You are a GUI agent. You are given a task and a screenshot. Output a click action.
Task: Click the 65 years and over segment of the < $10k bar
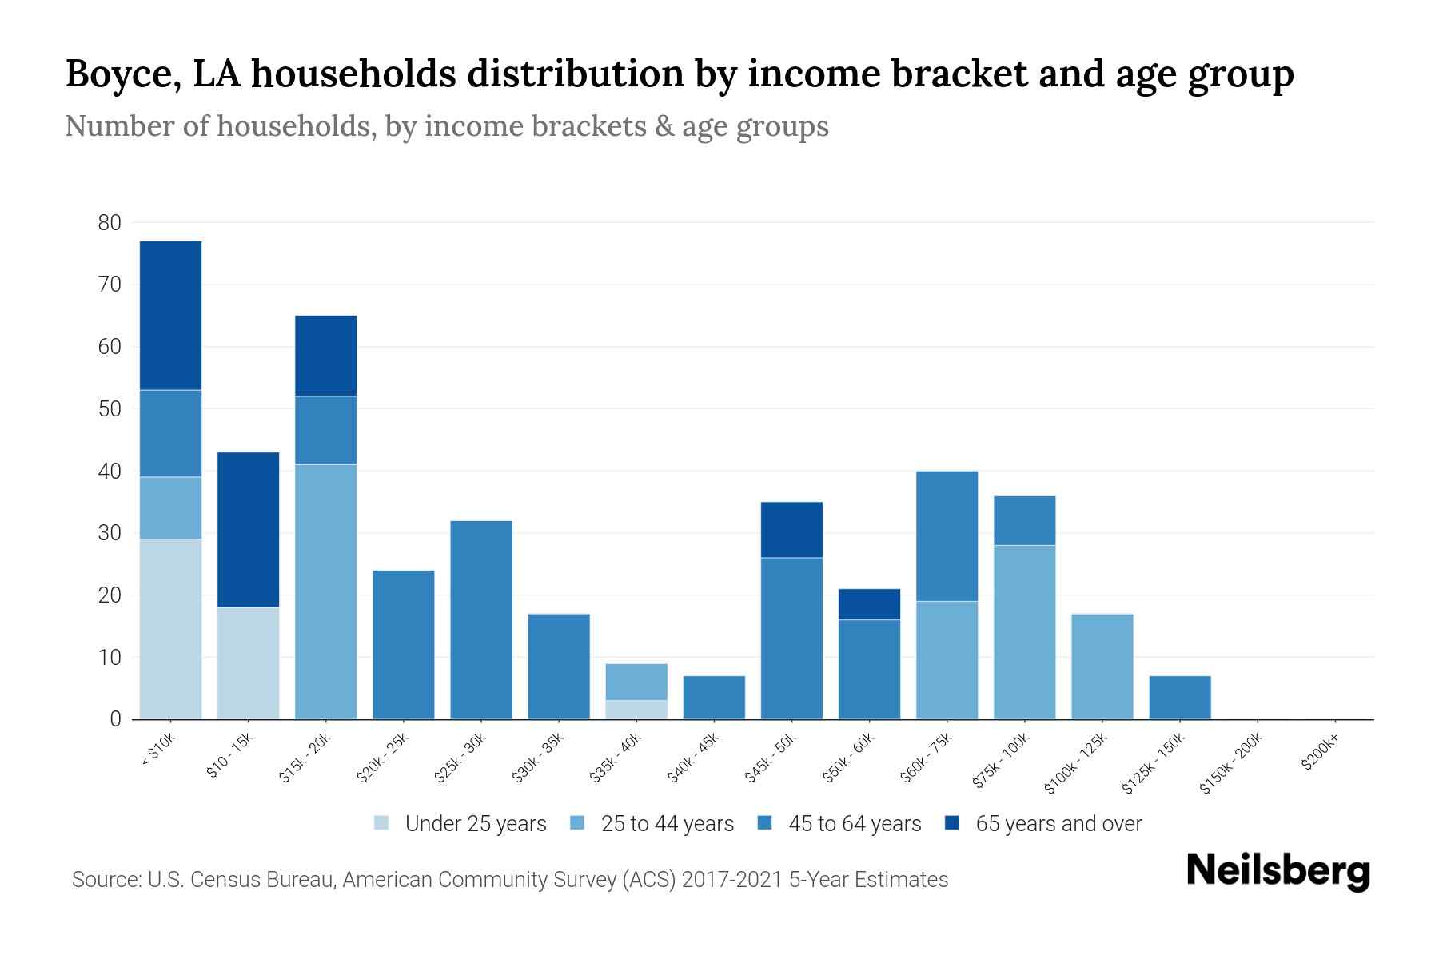click(170, 315)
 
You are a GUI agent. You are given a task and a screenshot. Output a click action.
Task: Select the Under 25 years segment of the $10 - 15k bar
click(249, 663)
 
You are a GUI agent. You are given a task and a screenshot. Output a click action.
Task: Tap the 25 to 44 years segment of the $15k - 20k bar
click(326, 591)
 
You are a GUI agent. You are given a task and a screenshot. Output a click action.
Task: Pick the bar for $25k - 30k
click(481, 620)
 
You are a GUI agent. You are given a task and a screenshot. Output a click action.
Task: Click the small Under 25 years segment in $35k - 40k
click(636, 710)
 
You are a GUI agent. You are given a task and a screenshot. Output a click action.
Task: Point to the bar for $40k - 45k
click(714, 698)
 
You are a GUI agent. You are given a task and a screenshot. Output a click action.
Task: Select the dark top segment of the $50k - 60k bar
click(869, 604)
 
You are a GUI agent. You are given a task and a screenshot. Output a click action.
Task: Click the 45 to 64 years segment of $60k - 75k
click(947, 535)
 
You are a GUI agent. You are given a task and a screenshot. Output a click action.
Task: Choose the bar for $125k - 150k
click(1180, 698)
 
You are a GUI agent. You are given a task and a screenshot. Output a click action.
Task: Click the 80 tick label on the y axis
click(110, 223)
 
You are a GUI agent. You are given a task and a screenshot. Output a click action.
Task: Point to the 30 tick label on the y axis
click(110, 533)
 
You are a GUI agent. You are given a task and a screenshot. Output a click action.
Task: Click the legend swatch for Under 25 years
click(382, 823)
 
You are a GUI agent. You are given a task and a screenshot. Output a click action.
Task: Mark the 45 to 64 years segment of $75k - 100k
click(1025, 520)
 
